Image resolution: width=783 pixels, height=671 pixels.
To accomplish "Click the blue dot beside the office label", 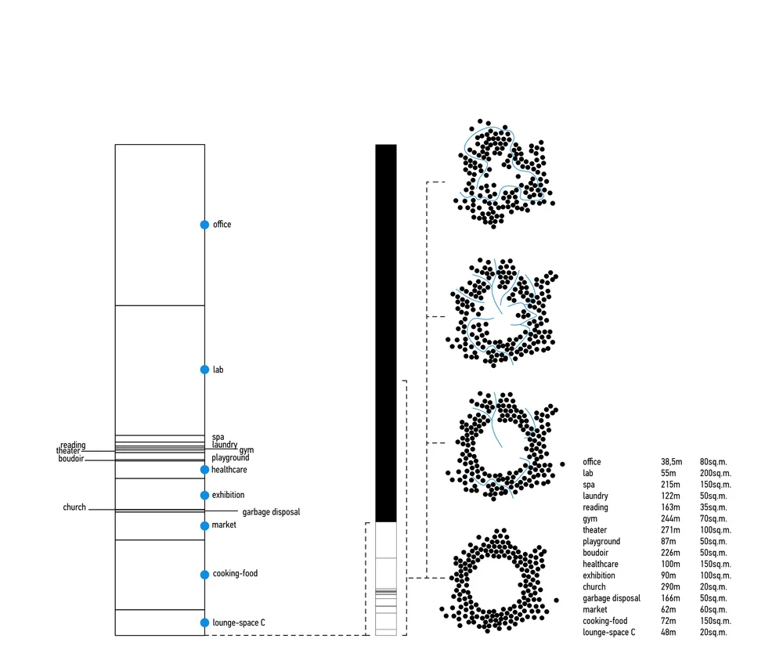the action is point(204,225).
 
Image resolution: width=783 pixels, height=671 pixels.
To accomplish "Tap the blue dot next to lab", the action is point(204,370).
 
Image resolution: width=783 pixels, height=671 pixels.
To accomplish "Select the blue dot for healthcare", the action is point(204,469).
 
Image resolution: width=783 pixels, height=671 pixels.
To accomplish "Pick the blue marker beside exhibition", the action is point(204,496).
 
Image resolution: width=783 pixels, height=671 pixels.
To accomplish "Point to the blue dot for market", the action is point(204,525).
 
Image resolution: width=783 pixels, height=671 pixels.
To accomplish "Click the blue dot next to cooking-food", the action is point(204,575).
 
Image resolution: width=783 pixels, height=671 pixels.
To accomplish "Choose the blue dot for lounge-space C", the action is point(204,622).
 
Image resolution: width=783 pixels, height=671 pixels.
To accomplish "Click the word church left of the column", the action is point(74,507).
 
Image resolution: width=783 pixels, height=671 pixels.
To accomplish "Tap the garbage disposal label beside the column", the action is point(271,512).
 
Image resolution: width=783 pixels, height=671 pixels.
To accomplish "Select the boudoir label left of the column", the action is point(71,458).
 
